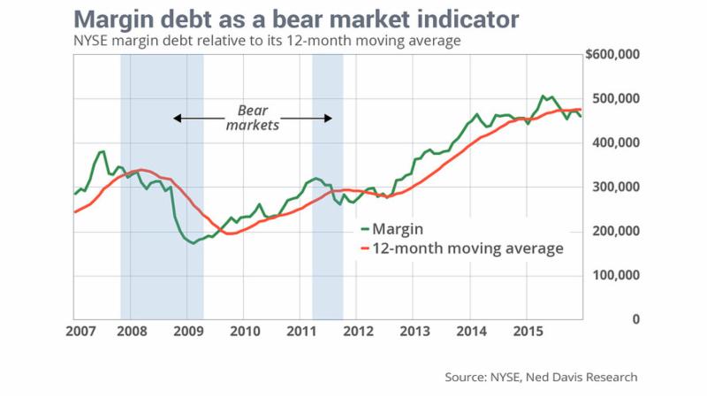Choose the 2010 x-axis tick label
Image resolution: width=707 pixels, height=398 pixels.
(x=244, y=332)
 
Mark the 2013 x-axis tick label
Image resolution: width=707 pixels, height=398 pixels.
(x=414, y=332)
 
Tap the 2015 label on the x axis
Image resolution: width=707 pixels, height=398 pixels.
(x=528, y=332)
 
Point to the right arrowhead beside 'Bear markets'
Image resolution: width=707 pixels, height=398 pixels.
(x=329, y=118)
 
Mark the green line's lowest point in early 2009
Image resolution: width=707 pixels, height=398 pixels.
(x=193, y=242)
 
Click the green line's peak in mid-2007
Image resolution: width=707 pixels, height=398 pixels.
(x=103, y=151)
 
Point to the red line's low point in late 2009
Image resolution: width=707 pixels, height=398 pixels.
(x=228, y=233)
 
